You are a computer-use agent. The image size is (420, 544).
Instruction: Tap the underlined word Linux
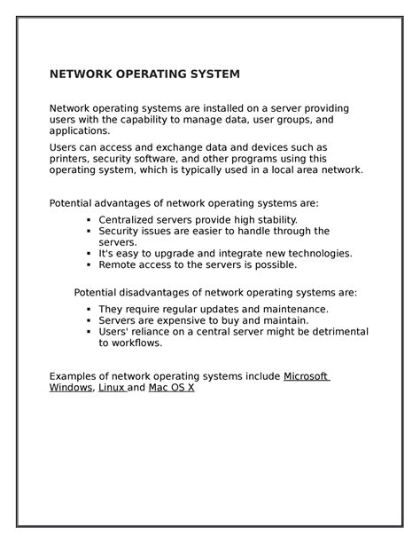click(x=112, y=388)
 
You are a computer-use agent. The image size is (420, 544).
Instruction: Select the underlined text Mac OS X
click(x=171, y=388)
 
